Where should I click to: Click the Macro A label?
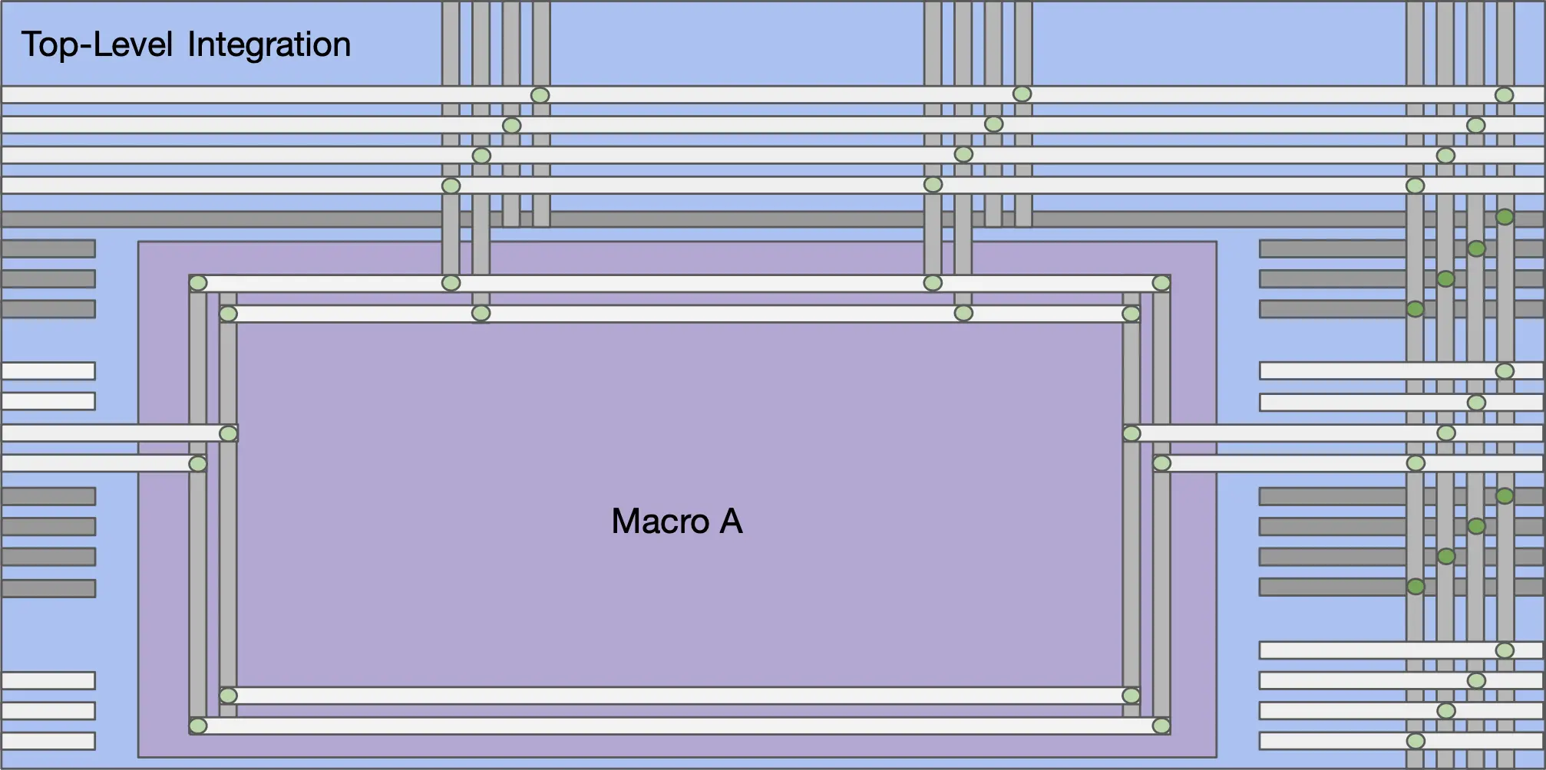[x=677, y=522]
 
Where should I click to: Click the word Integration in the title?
[x=269, y=44]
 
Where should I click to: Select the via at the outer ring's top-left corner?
[x=198, y=283]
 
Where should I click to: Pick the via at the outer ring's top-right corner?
[x=1161, y=283]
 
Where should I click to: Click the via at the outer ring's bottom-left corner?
[x=198, y=726]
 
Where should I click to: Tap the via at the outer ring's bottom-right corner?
[x=1161, y=726]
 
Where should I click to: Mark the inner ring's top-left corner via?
[x=228, y=314]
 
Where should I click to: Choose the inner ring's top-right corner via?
[x=1131, y=314]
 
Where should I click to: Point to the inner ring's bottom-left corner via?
[x=228, y=696]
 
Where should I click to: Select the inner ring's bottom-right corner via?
[x=1131, y=696]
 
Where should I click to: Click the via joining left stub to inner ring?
[x=228, y=433]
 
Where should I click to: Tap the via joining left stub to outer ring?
[x=198, y=463]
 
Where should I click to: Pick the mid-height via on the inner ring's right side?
[x=1131, y=433]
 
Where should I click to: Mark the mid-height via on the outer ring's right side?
[x=1161, y=463]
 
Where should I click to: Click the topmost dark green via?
[x=1505, y=217]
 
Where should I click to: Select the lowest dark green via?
[x=1416, y=587]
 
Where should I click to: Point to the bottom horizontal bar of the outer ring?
[x=679, y=726]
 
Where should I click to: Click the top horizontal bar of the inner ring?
[x=679, y=314]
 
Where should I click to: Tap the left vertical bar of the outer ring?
[x=198, y=504]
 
